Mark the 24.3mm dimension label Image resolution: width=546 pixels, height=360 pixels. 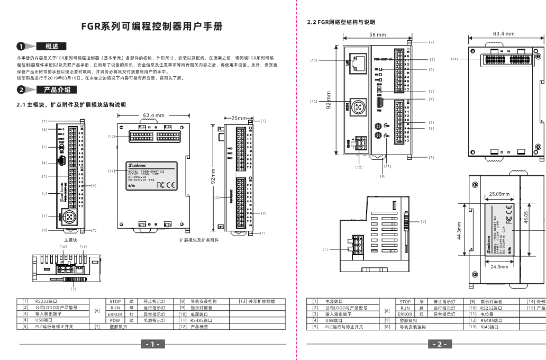(x=499, y=267)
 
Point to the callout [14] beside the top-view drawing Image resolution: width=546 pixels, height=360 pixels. (x=454, y=59)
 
